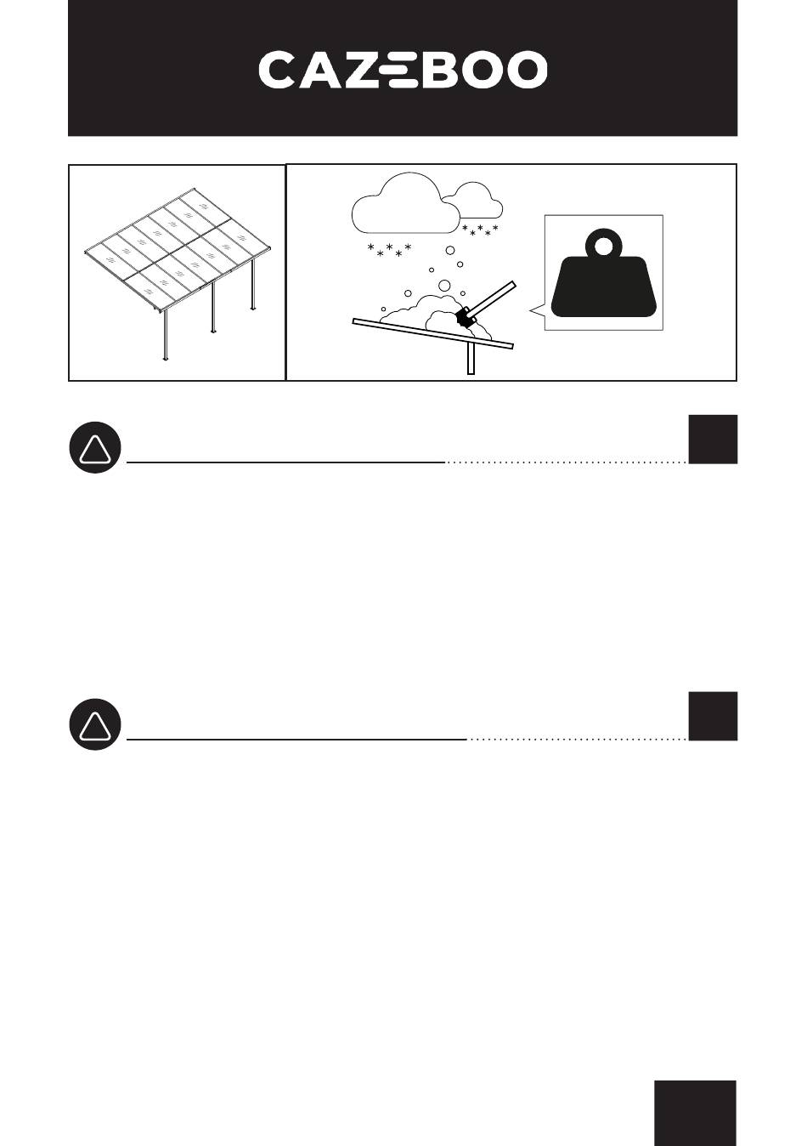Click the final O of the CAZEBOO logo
527,69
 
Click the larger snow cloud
405,204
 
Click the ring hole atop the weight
604,248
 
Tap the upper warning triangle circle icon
95,447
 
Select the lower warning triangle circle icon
95,724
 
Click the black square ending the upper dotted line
713,439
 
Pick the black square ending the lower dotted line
713,716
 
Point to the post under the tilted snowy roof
471,358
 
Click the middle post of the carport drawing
213,307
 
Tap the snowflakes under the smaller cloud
480,230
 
